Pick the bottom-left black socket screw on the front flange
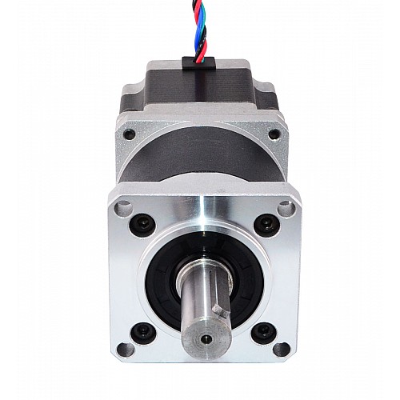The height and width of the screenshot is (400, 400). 143,328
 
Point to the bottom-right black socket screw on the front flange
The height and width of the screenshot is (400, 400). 262,328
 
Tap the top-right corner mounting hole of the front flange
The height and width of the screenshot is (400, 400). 286,209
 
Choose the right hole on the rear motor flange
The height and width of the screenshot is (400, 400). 274,135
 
